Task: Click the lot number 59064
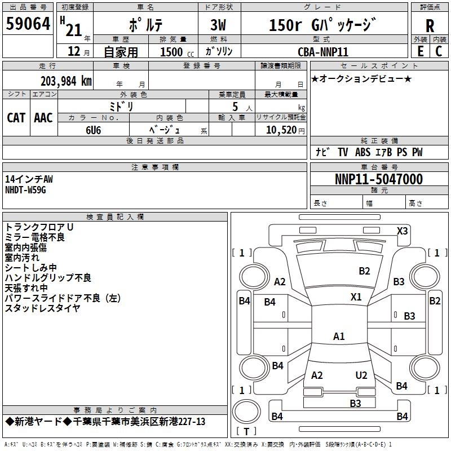pyautogui.click(x=28, y=25)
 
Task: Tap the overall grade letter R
pyautogui.click(x=430, y=25)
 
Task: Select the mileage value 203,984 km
pyautogui.click(x=66, y=81)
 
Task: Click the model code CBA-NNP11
pyautogui.click(x=323, y=52)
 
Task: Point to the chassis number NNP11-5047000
pyautogui.click(x=378, y=179)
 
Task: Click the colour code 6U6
pyautogui.click(x=94, y=130)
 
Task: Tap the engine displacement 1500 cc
pyautogui.click(x=175, y=52)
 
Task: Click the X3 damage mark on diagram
pyautogui.click(x=403, y=231)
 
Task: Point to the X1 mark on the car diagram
pyautogui.click(x=356, y=297)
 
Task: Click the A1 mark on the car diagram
pyautogui.click(x=339, y=337)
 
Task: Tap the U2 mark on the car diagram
pyautogui.click(x=361, y=375)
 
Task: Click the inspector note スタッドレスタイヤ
pyautogui.click(x=43, y=308)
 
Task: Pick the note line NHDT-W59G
pyautogui.click(x=25, y=190)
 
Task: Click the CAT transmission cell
pyautogui.click(x=16, y=117)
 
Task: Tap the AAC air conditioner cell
pyautogui.click(x=43, y=117)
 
